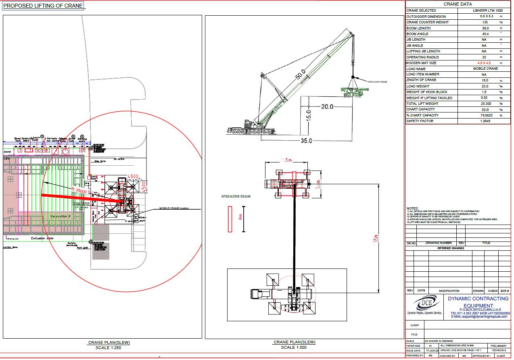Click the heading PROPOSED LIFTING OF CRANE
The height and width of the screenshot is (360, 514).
[43, 6]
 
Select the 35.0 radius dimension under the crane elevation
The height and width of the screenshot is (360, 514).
[306, 141]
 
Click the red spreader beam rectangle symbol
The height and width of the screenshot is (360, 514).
[230, 219]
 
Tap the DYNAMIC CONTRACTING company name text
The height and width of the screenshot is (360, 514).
[478, 299]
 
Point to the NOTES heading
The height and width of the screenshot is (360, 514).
[413, 208]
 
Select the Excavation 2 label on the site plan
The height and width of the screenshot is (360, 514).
[61, 216]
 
